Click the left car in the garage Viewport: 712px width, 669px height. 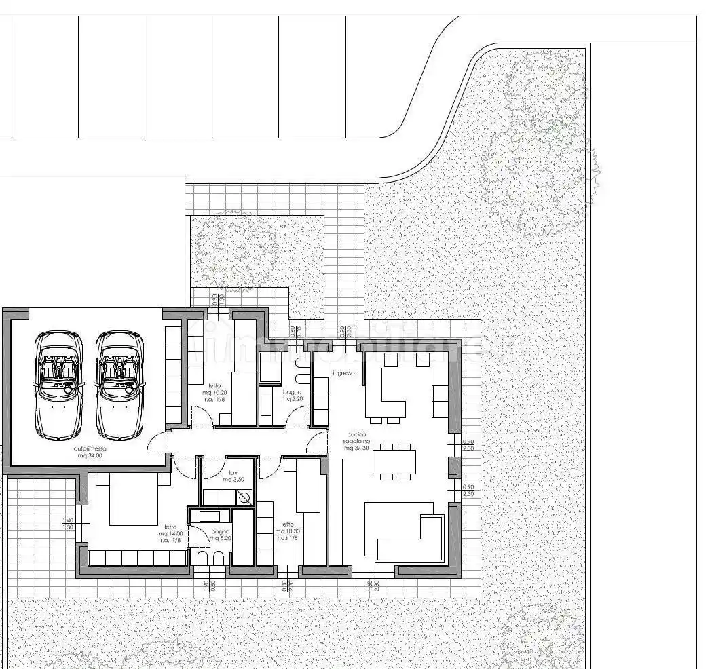pos(58,385)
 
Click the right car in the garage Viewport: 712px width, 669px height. pos(120,385)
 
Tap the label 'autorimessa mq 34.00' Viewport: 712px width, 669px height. pos(90,453)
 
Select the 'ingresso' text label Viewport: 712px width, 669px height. pos(343,373)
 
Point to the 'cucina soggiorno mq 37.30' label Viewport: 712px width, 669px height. pos(358,441)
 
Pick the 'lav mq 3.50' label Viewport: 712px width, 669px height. pos(233,476)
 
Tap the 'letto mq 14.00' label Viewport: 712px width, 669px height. pos(170,534)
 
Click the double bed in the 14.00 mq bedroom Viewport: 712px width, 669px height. pos(133,499)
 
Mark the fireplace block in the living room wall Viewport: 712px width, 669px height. pos(453,467)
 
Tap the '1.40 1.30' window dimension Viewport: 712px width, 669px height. pos(68,523)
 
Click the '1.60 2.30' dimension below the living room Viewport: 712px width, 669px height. pos(372,584)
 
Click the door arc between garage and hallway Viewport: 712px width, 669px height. pos(158,443)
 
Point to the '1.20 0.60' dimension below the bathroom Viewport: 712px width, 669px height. pos(209,584)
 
